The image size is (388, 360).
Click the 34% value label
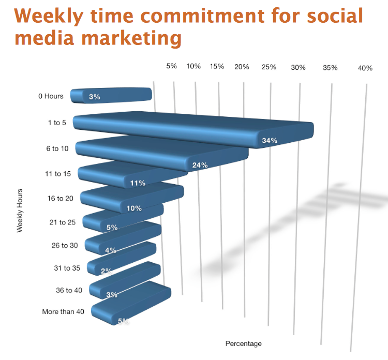(270, 141)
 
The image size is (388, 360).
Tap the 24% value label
(200, 165)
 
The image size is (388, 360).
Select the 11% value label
(138, 183)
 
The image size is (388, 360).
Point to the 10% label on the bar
(134, 208)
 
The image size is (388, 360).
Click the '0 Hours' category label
(51, 96)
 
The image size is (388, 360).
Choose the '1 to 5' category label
(57, 123)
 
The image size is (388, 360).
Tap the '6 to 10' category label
(57, 148)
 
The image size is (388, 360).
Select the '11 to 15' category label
(58, 174)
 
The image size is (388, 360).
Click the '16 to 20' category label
(61, 199)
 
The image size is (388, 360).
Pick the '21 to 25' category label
(63, 222)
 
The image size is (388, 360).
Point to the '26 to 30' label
(65, 246)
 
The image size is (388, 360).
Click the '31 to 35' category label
(67, 268)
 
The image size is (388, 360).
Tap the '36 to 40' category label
(69, 290)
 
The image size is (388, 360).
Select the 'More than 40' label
(63, 311)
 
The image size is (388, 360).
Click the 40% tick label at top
(365, 68)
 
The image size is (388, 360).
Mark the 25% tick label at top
(269, 67)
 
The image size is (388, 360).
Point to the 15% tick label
(217, 66)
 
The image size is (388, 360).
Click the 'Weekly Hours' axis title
(20, 211)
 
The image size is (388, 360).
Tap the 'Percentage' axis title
(244, 343)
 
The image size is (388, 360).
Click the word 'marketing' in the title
(131, 38)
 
